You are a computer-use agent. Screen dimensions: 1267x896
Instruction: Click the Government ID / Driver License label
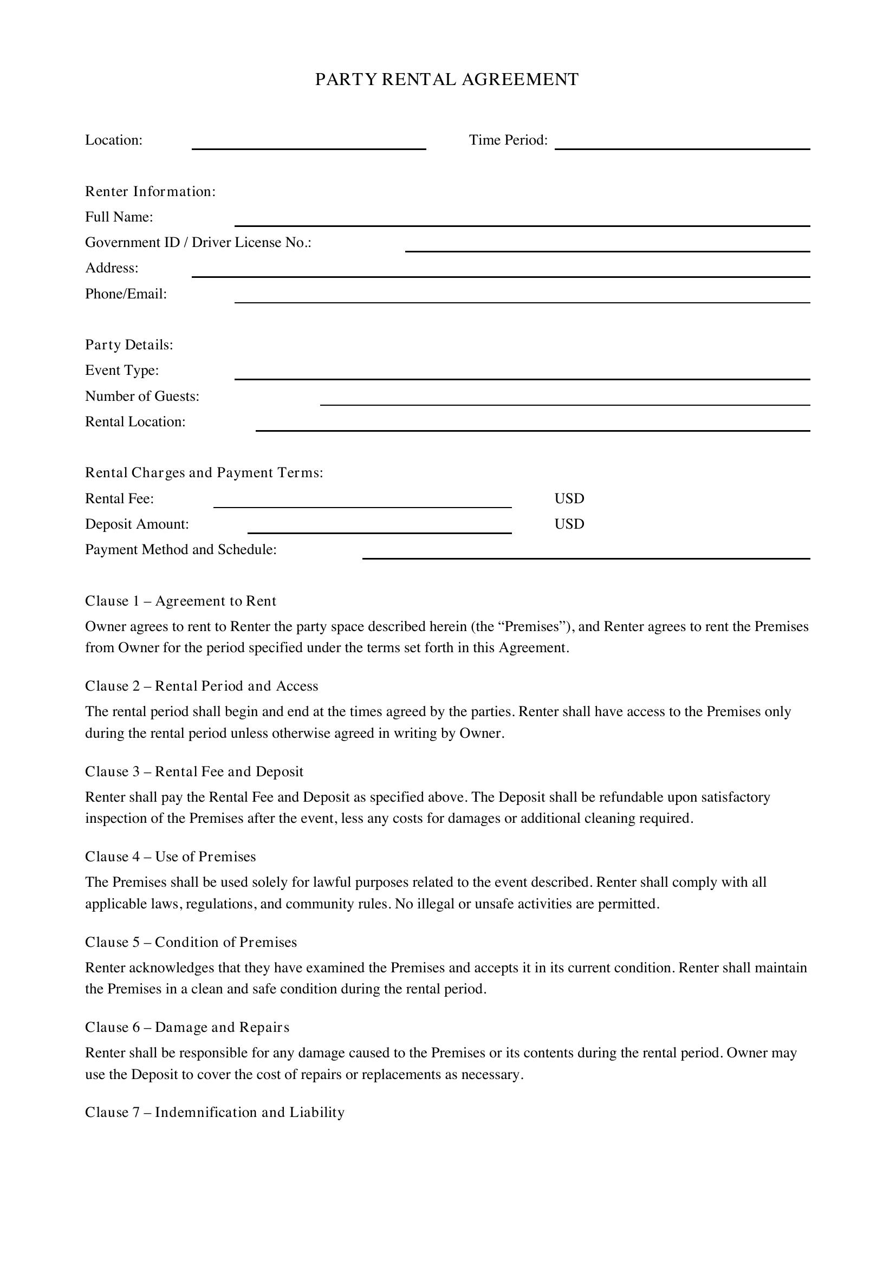tap(198, 242)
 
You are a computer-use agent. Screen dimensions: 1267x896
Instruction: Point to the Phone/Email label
tap(126, 294)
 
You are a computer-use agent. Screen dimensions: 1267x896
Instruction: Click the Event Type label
tap(122, 370)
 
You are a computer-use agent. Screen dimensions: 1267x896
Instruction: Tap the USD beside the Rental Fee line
tap(569, 498)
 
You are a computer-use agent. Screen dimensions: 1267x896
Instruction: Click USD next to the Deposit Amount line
tap(569, 524)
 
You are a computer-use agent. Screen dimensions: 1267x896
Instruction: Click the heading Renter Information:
tap(150, 191)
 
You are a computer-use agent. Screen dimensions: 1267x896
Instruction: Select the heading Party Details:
tap(129, 345)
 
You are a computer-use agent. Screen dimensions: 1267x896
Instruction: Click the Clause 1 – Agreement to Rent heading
tap(180, 600)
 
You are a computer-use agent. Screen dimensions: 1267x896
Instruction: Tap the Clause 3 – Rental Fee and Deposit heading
tap(194, 771)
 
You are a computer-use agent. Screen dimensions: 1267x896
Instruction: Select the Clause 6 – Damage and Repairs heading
tap(187, 1027)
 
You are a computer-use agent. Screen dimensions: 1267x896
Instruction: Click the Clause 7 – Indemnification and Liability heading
tap(215, 1112)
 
